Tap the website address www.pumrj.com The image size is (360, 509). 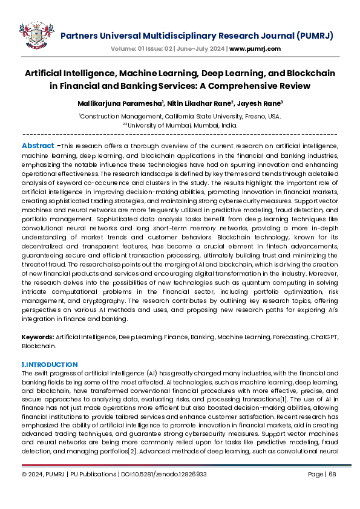(255, 48)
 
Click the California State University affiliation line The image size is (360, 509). (180, 116)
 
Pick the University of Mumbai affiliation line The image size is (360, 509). (181, 126)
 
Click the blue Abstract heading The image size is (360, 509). (38, 146)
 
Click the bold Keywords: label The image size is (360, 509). (38, 336)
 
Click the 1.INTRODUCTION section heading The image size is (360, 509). (50, 365)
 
